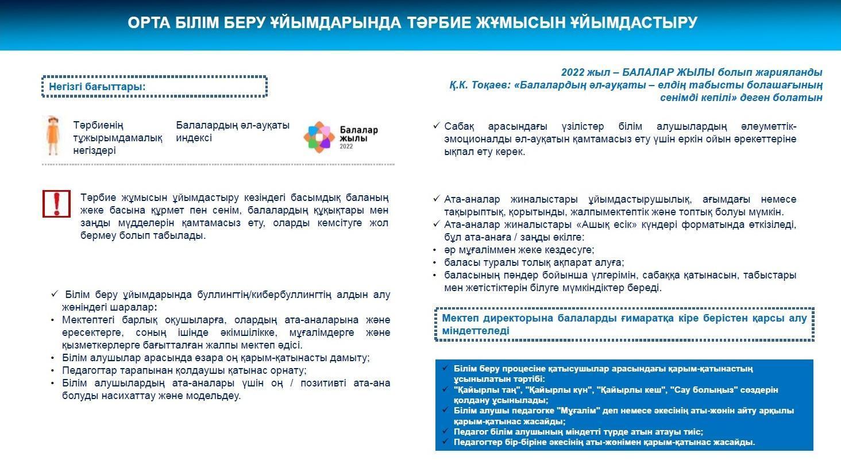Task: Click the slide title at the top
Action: (x=412, y=23)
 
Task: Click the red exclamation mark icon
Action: (x=56, y=204)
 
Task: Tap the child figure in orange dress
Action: (x=53, y=136)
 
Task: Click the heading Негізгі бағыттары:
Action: (x=97, y=87)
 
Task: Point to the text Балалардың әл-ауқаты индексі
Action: (x=232, y=131)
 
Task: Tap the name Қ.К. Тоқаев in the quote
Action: (x=479, y=85)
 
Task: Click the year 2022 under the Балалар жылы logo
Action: (x=346, y=146)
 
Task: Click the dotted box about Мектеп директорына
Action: (x=624, y=324)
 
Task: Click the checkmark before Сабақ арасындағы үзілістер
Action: (x=437, y=126)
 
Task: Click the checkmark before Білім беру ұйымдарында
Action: (x=55, y=294)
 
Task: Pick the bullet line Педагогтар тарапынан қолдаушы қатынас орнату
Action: (x=184, y=370)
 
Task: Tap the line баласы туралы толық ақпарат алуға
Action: (x=534, y=262)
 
